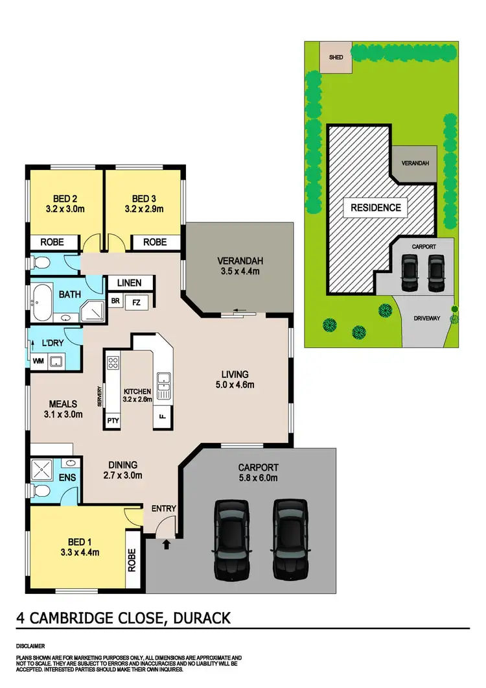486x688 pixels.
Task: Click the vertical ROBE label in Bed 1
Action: click(134, 560)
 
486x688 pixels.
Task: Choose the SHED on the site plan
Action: click(336, 56)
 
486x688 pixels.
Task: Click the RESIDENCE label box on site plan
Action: click(376, 208)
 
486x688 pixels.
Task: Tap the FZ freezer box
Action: click(136, 302)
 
